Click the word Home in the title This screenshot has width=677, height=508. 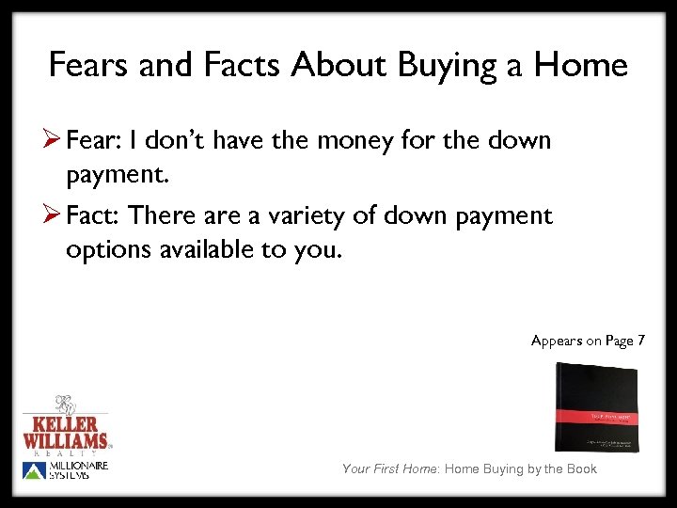[x=580, y=65]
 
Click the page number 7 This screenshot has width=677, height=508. [x=640, y=341]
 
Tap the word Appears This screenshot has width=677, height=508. [x=557, y=341]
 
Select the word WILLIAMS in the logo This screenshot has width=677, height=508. [x=66, y=439]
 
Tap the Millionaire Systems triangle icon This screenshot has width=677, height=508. [x=33, y=470]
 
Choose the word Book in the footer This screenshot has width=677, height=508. [x=580, y=468]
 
